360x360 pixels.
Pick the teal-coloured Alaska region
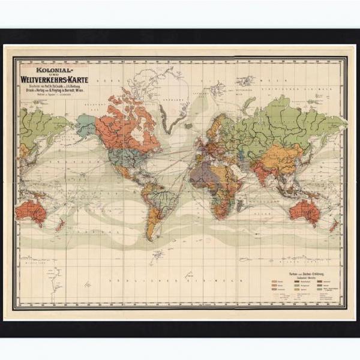tap(86, 125)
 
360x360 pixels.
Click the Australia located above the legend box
tap(304, 211)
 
